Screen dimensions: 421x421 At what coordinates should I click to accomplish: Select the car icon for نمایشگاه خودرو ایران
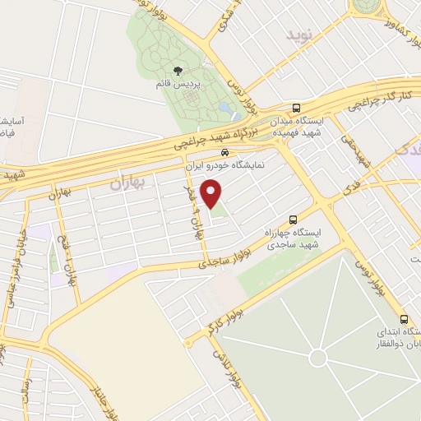[225, 153]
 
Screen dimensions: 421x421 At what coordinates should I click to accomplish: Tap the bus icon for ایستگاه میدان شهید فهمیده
[296, 108]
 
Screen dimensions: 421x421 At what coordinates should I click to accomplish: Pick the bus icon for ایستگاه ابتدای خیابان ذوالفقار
[403, 319]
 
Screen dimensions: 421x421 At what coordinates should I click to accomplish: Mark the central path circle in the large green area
[318, 358]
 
